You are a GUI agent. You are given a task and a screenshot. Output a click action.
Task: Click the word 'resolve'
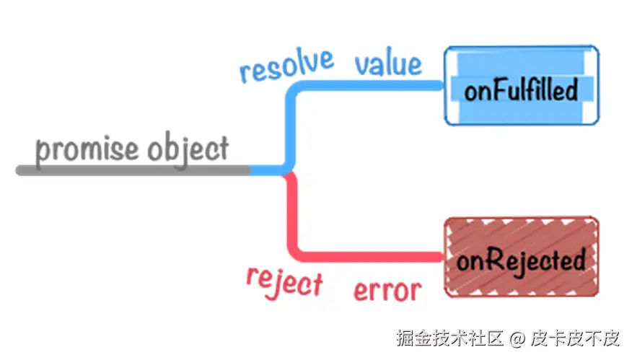(x=286, y=66)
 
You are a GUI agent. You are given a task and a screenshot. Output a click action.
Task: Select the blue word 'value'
(x=387, y=64)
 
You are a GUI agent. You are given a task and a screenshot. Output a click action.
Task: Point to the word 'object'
(x=188, y=149)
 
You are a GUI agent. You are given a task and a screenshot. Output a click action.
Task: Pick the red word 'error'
(x=387, y=290)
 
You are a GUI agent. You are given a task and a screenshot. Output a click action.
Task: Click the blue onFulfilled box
(x=521, y=84)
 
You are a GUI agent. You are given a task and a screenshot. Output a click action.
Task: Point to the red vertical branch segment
(x=292, y=216)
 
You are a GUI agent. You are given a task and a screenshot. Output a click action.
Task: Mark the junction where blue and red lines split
(x=287, y=171)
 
